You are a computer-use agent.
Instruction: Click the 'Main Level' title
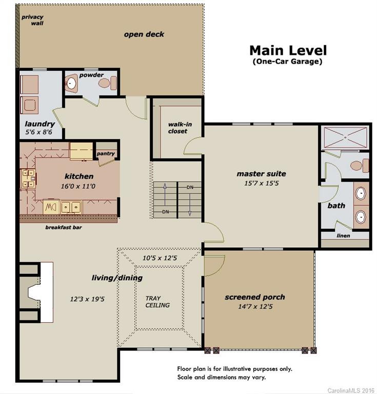288,50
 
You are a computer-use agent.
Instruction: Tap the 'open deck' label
144,34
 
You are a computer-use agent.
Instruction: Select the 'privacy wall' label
32,20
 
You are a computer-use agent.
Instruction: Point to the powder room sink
71,84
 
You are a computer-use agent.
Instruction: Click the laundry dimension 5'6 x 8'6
38,132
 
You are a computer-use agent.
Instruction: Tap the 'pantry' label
106,153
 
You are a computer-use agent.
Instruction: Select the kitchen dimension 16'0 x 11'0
78,186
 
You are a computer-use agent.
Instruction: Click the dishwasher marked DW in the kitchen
51,207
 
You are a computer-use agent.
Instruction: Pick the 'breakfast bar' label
64,227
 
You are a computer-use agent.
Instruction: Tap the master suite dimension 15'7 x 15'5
262,183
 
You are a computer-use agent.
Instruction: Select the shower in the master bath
345,137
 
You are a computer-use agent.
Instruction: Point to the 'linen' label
343,235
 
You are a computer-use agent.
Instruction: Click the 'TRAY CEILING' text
157,302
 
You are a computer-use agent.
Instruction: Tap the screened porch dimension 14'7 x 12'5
255,307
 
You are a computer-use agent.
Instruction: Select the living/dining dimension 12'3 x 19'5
87,299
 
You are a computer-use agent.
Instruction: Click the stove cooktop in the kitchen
28,179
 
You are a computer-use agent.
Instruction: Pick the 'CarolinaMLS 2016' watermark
351,390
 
